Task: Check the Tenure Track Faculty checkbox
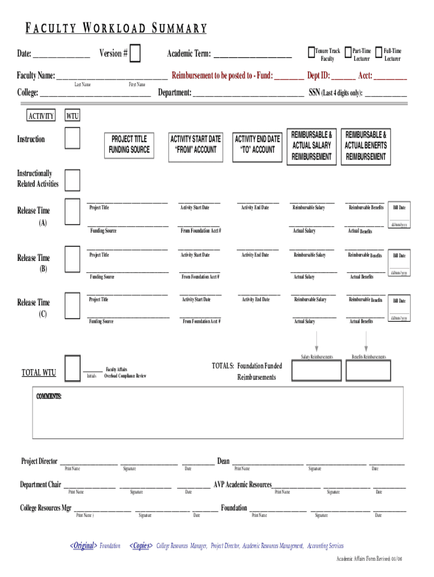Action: click(311, 52)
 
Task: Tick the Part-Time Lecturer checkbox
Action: click(347, 52)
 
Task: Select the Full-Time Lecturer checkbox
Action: click(379, 52)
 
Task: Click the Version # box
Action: click(135, 54)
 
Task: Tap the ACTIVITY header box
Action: click(41, 116)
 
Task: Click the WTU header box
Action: click(72, 117)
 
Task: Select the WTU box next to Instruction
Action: click(72, 139)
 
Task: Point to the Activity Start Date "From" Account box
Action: click(195, 144)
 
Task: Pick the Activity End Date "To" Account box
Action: click(257, 144)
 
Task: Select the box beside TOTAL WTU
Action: click(72, 369)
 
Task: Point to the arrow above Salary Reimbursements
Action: click(317, 341)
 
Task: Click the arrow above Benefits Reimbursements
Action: click(366, 341)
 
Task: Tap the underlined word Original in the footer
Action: click(83, 546)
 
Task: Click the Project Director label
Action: click(39, 461)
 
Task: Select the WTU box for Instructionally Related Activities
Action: click(72, 180)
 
